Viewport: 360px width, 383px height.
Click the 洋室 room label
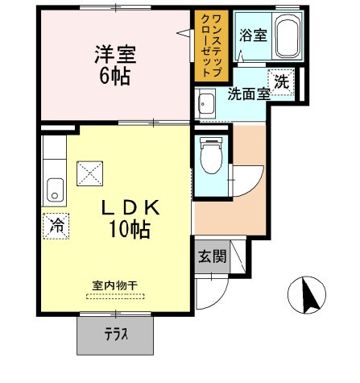[x=115, y=55]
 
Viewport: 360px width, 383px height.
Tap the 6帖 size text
[x=115, y=76]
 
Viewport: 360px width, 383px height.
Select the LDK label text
[x=130, y=208]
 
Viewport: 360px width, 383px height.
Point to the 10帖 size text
[x=129, y=229]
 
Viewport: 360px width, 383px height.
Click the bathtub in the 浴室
[x=288, y=35]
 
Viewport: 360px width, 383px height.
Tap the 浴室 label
[x=253, y=35]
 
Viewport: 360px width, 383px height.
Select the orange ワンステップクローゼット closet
[x=212, y=46]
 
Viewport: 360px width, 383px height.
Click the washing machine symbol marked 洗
[x=281, y=82]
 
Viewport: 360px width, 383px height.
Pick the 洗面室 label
[x=249, y=94]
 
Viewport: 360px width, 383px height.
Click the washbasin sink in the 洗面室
[x=206, y=104]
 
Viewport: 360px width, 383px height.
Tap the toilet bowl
[x=212, y=156]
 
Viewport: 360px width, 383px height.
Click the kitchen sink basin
[x=56, y=190]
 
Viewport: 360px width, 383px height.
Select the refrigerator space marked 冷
[x=56, y=226]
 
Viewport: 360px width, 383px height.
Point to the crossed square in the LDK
[x=89, y=173]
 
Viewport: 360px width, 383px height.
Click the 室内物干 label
[x=115, y=285]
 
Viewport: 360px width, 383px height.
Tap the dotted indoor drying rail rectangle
[x=115, y=297]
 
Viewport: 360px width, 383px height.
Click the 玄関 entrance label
[x=213, y=256]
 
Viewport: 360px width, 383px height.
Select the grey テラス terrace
[x=115, y=335]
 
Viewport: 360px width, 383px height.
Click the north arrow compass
[x=307, y=295]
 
